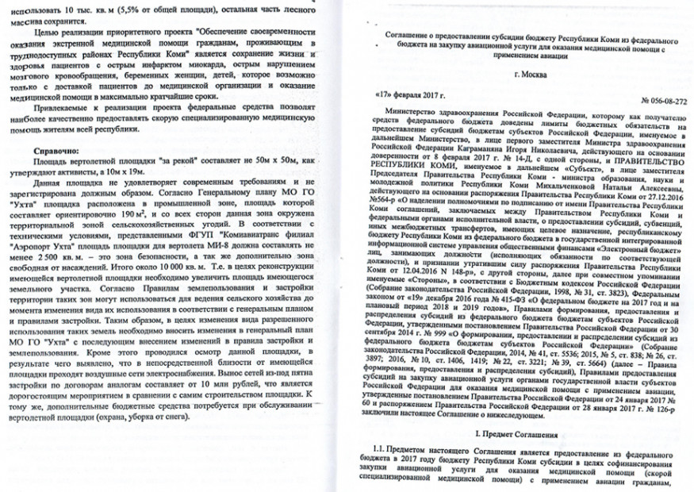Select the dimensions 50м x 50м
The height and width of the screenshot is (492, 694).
pos(261,161)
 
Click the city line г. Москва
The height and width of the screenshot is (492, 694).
pos(530,75)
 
